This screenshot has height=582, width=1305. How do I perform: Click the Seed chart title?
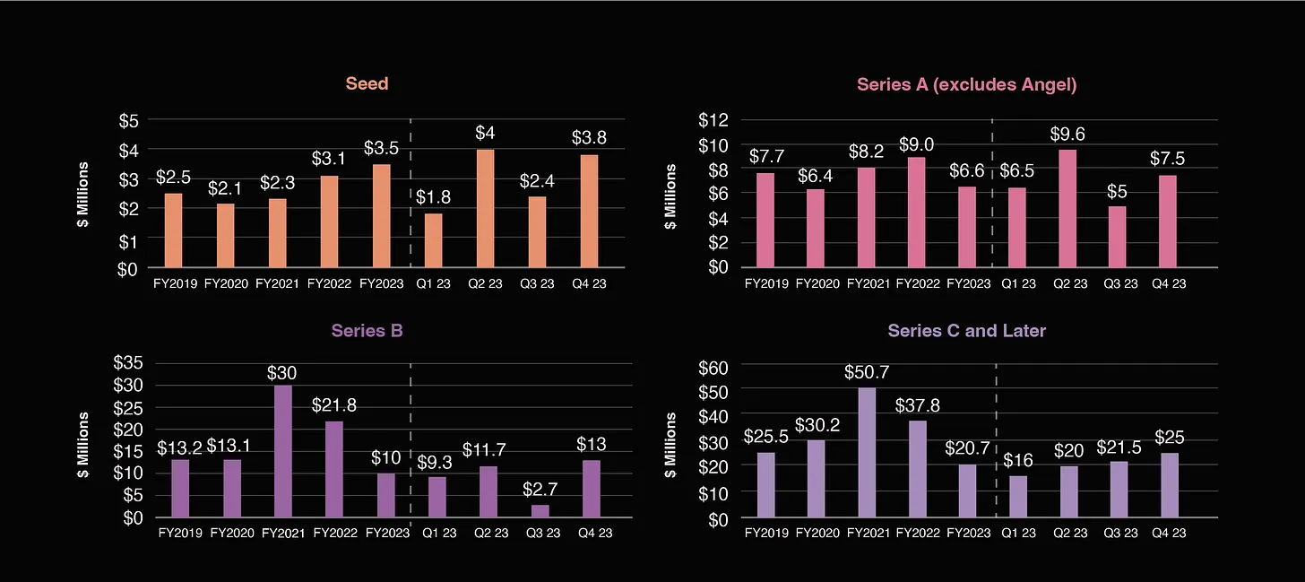pyautogui.click(x=367, y=83)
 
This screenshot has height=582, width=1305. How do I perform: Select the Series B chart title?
pyautogui.click(x=367, y=330)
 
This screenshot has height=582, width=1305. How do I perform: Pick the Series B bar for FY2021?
pyautogui.click(x=283, y=451)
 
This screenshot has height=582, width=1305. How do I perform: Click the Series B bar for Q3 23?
pyautogui.click(x=540, y=511)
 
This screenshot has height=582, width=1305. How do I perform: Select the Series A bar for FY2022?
pyautogui.click(x=916, y=213)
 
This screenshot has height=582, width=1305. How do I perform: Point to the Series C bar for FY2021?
pyautogui.click(x=867, y=453)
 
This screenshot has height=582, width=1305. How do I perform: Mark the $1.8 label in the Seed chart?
pyautogui.click(x=433, y=197)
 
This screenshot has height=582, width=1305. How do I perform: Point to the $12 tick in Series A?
pyautogui.click(x=713, y=119)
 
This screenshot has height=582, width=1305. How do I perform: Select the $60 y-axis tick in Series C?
pyautogui.click(x=714, y=367)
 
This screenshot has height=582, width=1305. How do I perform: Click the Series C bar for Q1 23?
pyautogui.click(x=1020, y=497)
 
